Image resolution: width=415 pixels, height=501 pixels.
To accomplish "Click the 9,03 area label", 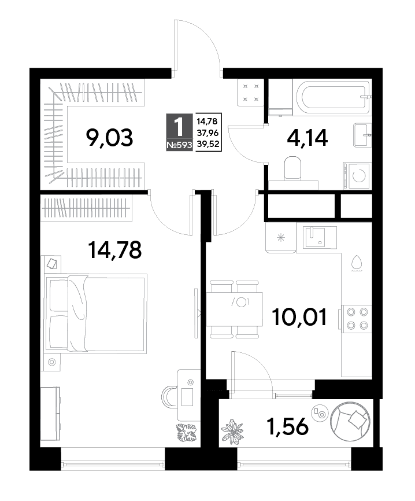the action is pyautogui.click(x=109, y=138).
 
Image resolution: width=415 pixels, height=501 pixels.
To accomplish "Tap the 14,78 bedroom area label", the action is pyautogui.click(x=114, y=250).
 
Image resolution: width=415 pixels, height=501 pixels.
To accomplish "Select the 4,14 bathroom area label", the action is pyautogui.click(x=307, y=138).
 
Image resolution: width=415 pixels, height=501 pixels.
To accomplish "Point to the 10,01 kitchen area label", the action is pyautogui.click(x=299, y=316).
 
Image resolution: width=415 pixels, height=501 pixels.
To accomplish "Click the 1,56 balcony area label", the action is pyautogui.click(x=288, y=426).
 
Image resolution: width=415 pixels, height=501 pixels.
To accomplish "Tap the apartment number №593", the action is pyautogui.click(x=179, y=145).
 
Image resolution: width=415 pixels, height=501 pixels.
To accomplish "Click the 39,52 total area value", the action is pyautogui.click(x=208, y=144).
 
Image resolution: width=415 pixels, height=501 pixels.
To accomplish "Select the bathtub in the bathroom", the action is pyautogui.click(x=333, y=96).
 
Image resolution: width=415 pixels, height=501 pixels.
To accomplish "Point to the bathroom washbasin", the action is pyautogui.click(x=362, y=135).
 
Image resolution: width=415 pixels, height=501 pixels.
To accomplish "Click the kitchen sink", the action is pyautogui.click(x=316, y=237).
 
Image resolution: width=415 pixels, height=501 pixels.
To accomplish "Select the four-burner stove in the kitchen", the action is pyautogui.click(x=357, y=319).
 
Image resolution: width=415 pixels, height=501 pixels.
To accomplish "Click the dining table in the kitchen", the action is pyautogui.click(x=235, y=309).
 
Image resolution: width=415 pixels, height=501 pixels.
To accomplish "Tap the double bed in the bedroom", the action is pyautogui.click(x=96, y=314).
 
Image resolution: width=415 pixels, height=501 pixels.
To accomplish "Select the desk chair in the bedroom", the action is pyautogui.click(x=169, y=396).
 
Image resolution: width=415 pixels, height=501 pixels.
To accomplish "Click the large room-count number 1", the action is pyautogui.click(x=179, y=127).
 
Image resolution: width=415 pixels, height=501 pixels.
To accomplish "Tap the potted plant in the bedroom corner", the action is pyautogui.click(x=187, y=433).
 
